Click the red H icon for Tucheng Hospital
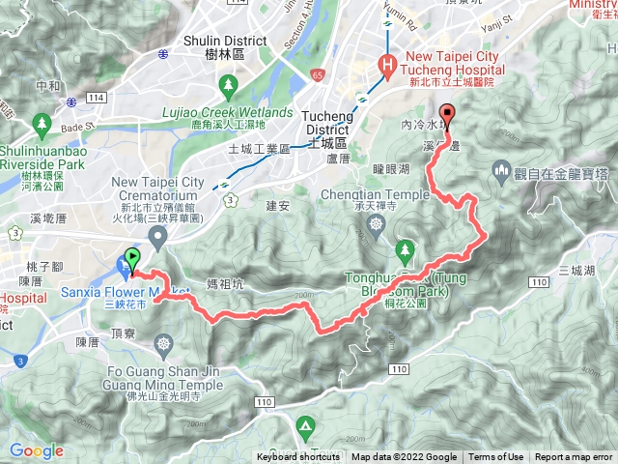pos(386,66)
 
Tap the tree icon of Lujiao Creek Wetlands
pos(229,90)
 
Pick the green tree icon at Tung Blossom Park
pos(406,253)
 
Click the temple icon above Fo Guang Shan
pos(163,343)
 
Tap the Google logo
pos(37,450)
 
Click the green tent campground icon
pos(306,425)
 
